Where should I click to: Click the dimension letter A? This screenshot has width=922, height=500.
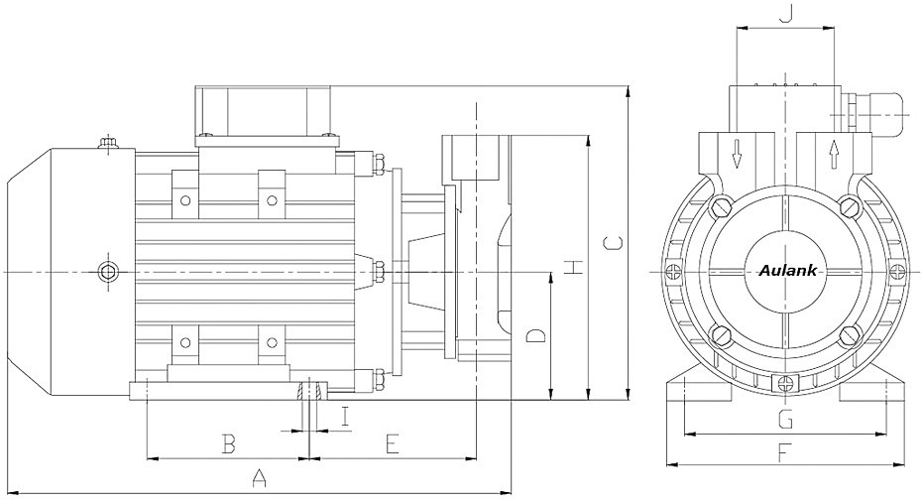pos(259,477)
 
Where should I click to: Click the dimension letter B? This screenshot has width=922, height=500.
pos(229,443)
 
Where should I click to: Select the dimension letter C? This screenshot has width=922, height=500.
pos(614,242)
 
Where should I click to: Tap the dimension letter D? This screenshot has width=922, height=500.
pos(535,336)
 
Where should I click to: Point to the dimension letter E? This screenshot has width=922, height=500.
pos(393,443)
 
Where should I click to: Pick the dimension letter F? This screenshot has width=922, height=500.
pos(783,453)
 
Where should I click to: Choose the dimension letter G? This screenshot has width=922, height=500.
pos(785,420)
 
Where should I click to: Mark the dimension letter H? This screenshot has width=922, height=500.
pos(573,267)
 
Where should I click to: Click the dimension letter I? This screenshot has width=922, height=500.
pos(346,417)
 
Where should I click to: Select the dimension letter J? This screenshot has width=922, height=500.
pos(785,12)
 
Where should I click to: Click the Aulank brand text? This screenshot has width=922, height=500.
pos(787,271)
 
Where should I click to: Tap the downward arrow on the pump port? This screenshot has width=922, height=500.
pos(737,153)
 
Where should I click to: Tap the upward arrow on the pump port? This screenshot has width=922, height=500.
pos(833,155)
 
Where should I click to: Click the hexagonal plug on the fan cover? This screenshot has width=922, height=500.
pos(107,272)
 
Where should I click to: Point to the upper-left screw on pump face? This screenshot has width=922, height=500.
pos(721,206)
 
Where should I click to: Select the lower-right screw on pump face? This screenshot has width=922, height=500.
pos(849,336)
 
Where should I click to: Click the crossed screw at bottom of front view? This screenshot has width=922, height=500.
pos(785,384)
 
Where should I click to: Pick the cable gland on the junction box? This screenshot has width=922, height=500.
pos(875,114)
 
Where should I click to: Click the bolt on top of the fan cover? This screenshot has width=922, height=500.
pos(108,142)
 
